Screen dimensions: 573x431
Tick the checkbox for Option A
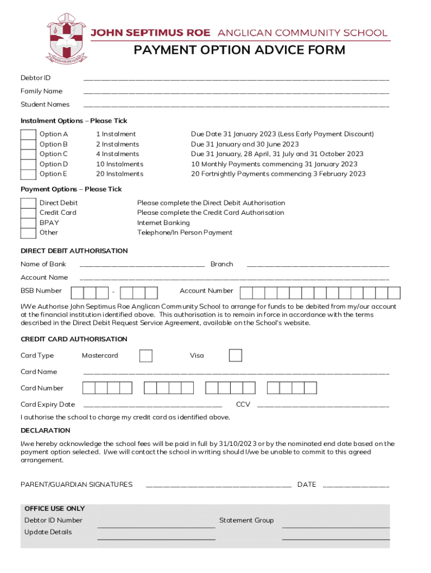28,134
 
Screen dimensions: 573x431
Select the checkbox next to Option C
28,154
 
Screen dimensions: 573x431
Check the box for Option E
28,174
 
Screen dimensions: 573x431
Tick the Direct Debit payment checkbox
28,203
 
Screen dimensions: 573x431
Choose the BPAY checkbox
28,223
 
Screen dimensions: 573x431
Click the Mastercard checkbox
146,356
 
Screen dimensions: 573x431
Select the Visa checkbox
236,356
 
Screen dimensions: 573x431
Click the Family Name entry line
236,92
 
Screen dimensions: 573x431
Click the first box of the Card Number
88,388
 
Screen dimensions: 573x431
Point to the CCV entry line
323,406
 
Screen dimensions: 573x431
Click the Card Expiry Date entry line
152,406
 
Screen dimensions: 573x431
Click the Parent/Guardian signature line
218,486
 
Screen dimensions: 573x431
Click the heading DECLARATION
45,430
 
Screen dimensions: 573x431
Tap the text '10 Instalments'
119,164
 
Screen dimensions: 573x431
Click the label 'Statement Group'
246,520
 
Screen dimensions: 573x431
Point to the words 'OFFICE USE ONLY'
54,509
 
